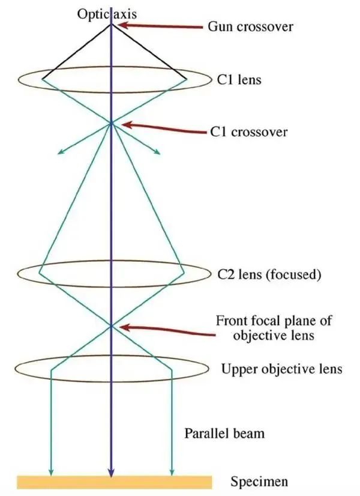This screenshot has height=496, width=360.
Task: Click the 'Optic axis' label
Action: pyautogui.click(x=107, y=14)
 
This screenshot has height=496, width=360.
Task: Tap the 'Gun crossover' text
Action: pyautogui.click(x=250, y=26)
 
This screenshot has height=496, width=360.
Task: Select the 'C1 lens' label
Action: pyautogui.click(x=239, y=79)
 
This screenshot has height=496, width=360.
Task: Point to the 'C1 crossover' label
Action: pyautogui.click(x=249, y=132)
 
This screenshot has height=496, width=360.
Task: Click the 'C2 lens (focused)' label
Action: pyautogui.click(x=269, y=274)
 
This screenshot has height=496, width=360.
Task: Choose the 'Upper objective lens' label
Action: pyautogui.click(x=281, y=369)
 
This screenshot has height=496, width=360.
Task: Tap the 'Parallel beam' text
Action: pyautogui.click(x=224, y=433)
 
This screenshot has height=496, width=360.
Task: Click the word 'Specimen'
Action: pyautogui.click(x=259, y=482)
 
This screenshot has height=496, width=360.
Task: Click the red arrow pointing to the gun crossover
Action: pyautogui.click(x=161, y=26)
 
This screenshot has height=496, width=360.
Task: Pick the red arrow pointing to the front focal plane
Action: pyautogui.click(x=167, y=330)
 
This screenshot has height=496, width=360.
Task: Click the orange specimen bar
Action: pyautogui.click(x=115, y=482)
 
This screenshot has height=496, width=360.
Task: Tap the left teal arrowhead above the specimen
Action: pyautogui.click(x=51, y=471)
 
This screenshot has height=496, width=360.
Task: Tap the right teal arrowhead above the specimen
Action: pyautogui.click(x=172, y=471)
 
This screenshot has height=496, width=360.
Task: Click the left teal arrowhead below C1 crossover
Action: pyautogui.click(x=61, y=152)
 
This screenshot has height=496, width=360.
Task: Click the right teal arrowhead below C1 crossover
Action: pyautogui.click(x=157, y=152)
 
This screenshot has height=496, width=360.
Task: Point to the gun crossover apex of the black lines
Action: pyautogui.click(x=111, y=24)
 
